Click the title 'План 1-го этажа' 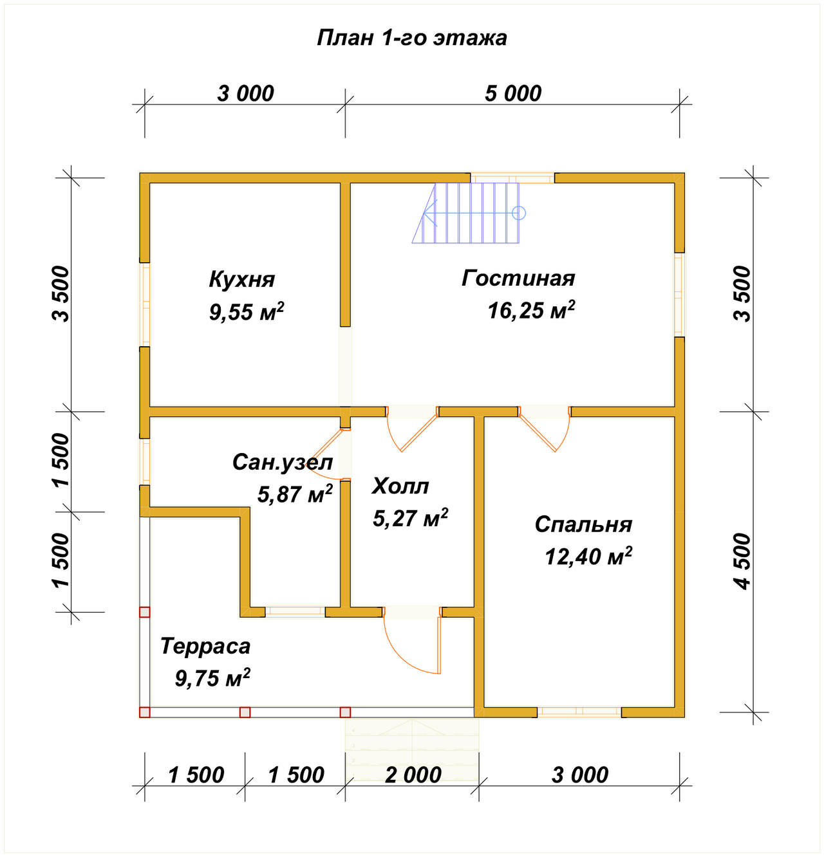411,39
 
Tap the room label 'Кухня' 242,280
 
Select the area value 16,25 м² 531,310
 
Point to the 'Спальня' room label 583,525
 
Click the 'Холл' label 400,486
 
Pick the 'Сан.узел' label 283,463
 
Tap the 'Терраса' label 205,646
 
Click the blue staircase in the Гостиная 466,213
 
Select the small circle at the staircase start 519,213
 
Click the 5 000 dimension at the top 513,94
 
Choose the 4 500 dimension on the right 743,562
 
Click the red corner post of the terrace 145,712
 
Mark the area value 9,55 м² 247,312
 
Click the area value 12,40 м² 588,556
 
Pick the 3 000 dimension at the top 245,94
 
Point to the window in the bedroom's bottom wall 579,712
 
